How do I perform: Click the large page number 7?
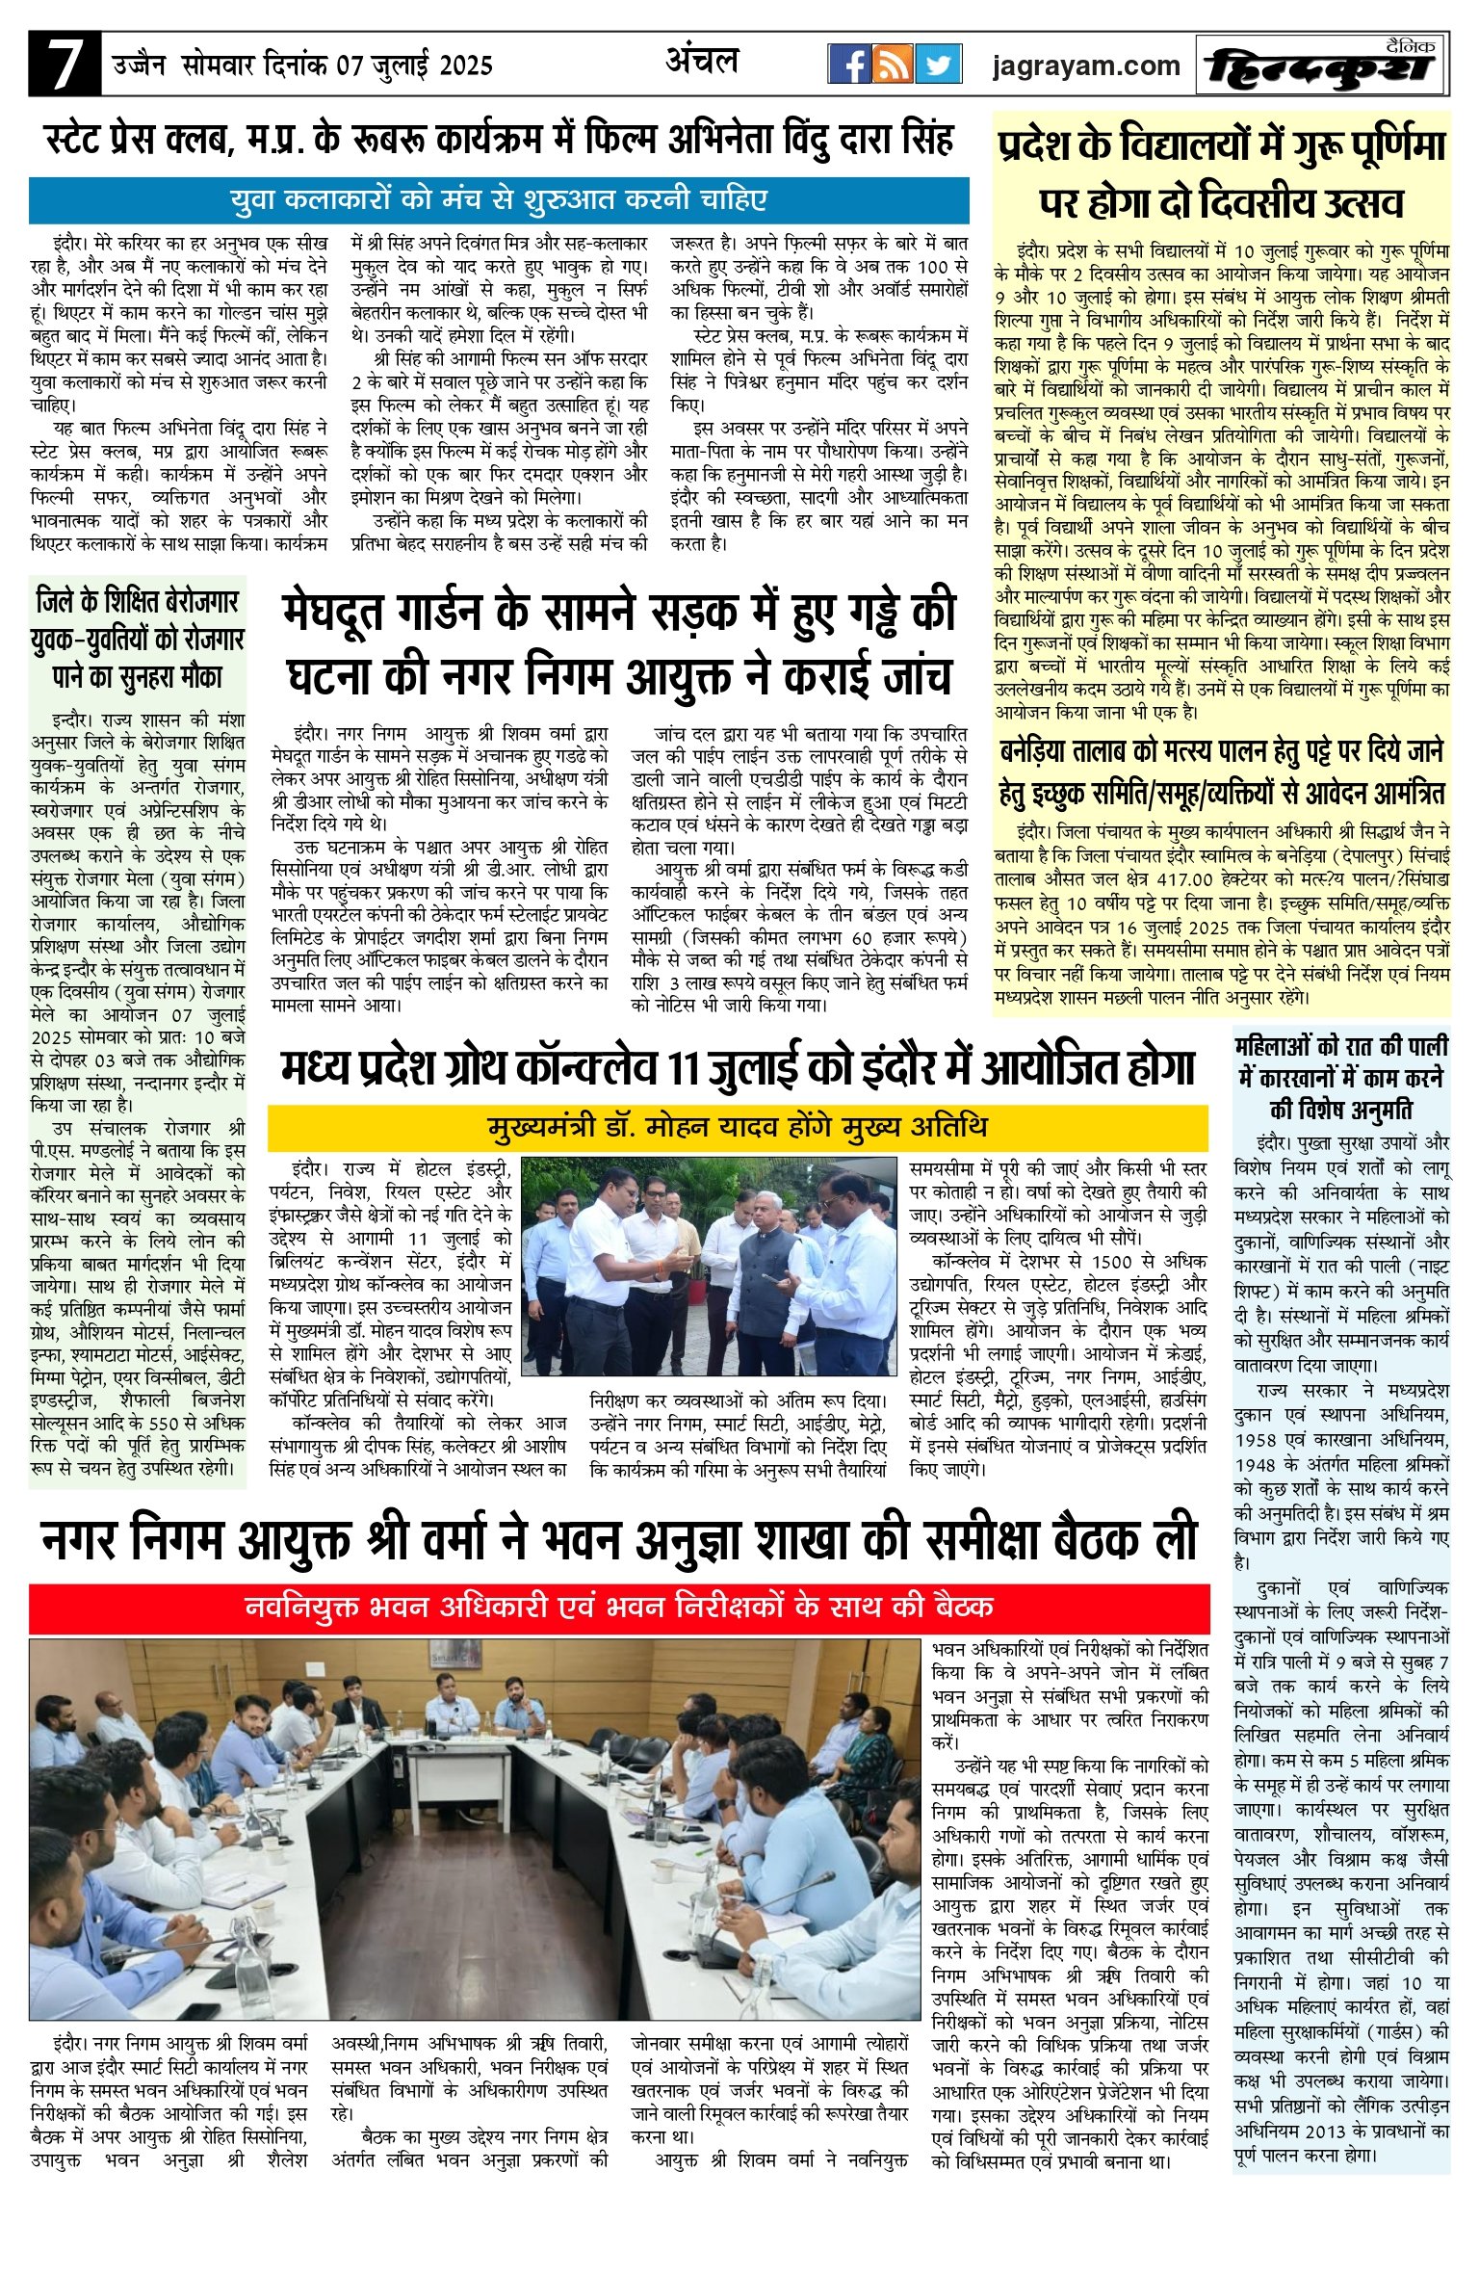[64, 65]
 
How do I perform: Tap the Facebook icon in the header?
[849, 65]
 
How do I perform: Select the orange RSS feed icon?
[893, 65]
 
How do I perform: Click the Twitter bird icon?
[938, 65]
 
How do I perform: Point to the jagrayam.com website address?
[1085, 65]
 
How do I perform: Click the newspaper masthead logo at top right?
[1323, 65]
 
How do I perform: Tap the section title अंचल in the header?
[702, 62]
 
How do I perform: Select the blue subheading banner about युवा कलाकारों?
[499, 200]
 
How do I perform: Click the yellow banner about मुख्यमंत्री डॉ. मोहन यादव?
[737, 1126]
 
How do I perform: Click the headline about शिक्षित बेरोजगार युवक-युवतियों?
[138, 640]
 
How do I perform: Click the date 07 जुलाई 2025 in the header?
[414, 65]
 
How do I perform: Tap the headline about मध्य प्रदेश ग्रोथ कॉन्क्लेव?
[737, 1069]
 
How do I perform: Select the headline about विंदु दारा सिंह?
[499, 141]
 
